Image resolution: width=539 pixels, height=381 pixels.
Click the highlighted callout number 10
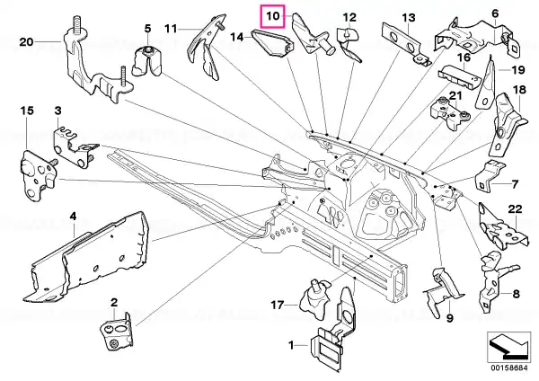273,16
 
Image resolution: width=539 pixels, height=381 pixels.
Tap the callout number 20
26,42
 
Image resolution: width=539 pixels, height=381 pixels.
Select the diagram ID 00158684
508,368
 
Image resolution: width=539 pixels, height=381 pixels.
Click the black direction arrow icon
508,346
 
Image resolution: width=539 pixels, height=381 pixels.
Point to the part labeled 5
147,60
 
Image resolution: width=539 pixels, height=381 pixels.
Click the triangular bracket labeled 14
271,42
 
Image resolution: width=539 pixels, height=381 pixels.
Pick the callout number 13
409,18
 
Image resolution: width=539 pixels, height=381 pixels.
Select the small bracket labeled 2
116,332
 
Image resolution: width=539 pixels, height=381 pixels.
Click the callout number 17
278,305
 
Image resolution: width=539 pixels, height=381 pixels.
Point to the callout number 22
515,208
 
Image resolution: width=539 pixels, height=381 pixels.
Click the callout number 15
27,111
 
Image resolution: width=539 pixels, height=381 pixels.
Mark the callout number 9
450,318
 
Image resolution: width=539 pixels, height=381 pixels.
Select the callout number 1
291,345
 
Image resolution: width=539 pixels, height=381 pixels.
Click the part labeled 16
459,78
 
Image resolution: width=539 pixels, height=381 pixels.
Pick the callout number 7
515,184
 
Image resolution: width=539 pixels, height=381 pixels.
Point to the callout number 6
495,13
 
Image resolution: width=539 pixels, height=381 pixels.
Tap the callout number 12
349,17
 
